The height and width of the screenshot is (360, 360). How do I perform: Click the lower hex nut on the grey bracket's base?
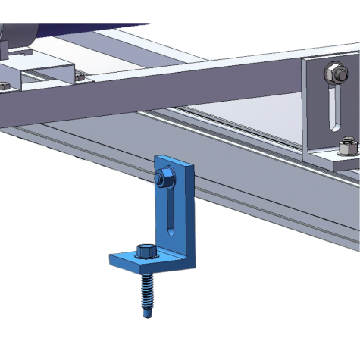[347, 143]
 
